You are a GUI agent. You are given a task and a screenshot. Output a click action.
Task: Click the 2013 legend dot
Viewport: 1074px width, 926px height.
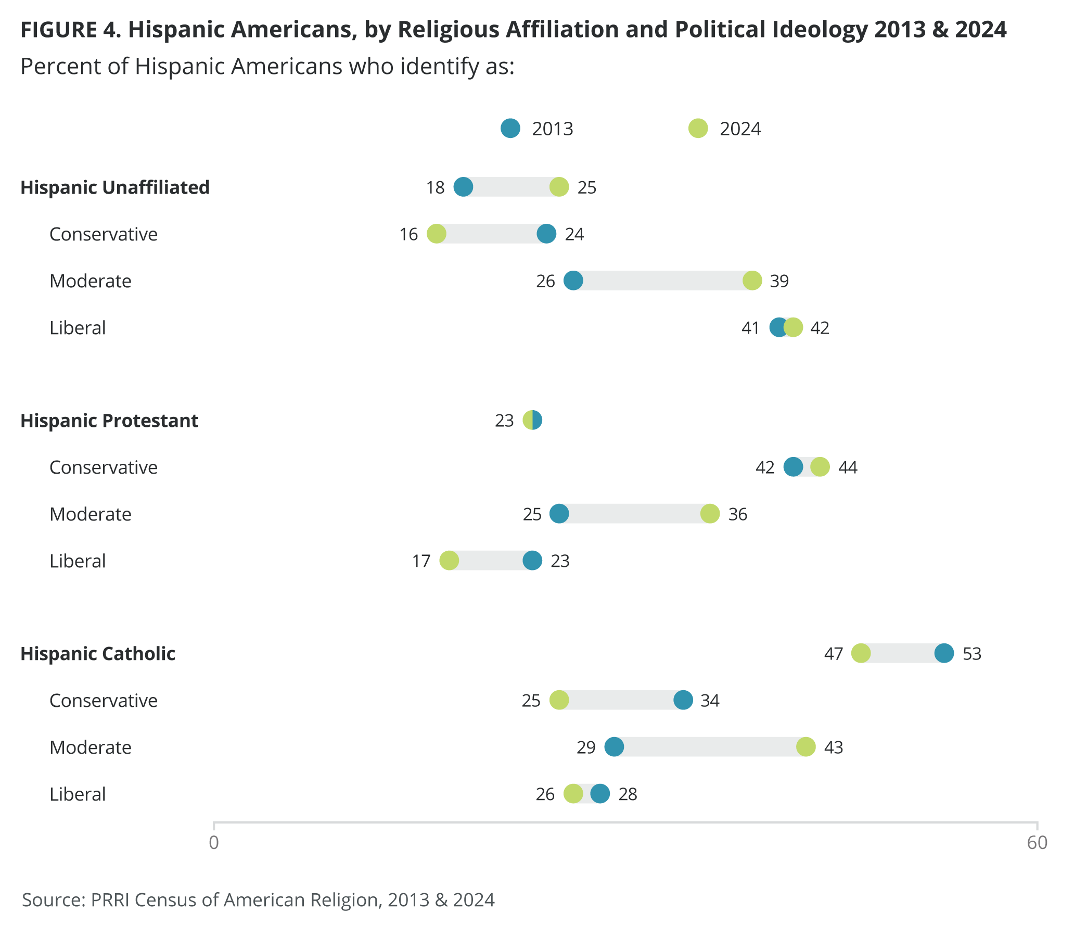click(x=510, y=128)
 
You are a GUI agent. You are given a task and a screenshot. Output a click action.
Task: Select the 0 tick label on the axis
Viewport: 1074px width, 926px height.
click(x=214, y=842)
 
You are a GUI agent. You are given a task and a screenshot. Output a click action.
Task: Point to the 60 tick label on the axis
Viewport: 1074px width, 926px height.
click(x=1037, y=842)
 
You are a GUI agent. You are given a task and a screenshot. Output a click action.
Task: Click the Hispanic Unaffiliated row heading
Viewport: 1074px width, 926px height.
click(x=114, y=187)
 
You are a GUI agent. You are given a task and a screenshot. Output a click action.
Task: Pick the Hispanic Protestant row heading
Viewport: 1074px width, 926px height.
click(x=109, y=420)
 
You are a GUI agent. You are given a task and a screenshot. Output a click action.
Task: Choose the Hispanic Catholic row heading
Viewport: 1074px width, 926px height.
click(x=98, y=653)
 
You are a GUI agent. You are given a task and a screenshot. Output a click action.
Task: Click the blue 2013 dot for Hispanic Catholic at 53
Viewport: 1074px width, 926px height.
click(x=944, y=653)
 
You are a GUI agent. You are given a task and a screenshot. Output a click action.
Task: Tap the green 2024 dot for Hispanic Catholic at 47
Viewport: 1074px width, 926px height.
click(x=861, y=653)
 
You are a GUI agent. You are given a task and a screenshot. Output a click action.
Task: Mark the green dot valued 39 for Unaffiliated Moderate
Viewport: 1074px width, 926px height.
click(x=752, y=281)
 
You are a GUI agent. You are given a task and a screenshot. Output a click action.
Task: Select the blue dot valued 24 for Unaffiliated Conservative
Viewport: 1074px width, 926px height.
click(x=546, y=234)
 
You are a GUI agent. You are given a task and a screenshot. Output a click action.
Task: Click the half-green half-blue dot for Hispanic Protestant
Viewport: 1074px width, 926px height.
click(x=532, y=420)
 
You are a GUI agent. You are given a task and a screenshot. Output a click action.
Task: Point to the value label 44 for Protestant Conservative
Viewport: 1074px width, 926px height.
click(x=847, y=467)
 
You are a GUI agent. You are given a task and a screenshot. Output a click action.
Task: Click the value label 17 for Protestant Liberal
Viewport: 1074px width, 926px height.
click(x=421, y=561)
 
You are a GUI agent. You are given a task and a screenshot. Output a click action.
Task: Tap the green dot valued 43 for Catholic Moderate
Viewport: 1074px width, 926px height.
click(x=805, y=747)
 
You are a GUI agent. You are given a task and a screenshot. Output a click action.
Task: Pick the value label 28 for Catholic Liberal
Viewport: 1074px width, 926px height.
click(x=628, y=794)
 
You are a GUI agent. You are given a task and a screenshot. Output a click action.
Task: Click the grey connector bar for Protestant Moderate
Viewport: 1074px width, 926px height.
click(x=634, y=514)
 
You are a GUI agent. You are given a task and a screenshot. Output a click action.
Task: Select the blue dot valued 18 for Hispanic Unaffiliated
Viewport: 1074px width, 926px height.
click(x=463, y=187)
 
